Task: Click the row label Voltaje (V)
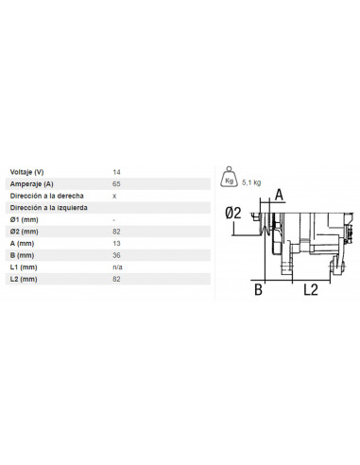coord(27,171)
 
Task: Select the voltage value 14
coord(116,171)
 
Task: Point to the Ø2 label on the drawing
coord(236,214)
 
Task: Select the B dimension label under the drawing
coord(257,290)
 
